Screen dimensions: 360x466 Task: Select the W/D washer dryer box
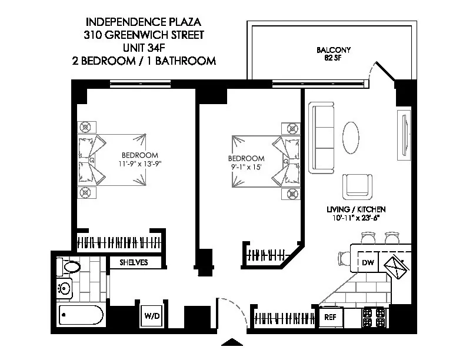click(x=151, y=316)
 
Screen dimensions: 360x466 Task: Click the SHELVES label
click(x=134, y=262)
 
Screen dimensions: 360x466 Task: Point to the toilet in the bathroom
click(x=69, y=268)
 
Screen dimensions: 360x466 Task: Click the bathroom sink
click(x=64, y=289)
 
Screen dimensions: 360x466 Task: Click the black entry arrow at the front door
click(x=233, y=343)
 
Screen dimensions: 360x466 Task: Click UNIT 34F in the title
click(x=144, y=48)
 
